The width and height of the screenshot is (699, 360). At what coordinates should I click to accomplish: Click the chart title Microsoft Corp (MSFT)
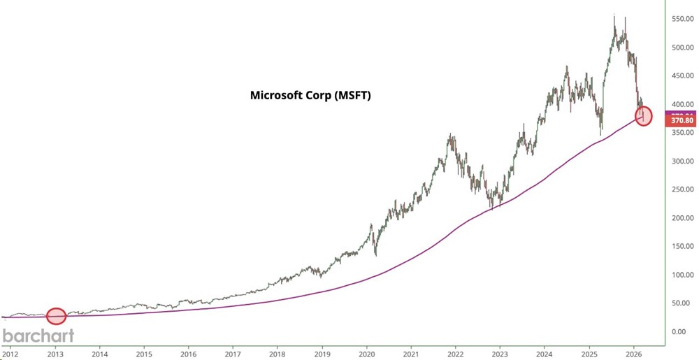click(310, 95)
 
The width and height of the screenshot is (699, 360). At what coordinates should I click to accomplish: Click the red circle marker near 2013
click(56, 316)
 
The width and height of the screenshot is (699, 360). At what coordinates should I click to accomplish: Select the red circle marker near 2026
click(644, 116)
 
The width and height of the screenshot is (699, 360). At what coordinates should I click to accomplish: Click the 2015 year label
click(143, 353)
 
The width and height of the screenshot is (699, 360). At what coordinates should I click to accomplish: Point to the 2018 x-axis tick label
click(278, 353)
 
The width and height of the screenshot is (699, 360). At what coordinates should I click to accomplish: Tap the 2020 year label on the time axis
click(366, 353)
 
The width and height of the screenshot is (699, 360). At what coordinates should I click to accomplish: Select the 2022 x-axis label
click(456, 353)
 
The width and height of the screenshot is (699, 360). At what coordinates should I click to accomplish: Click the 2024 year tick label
click(545, 353)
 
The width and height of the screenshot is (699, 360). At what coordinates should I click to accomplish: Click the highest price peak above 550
click(614, 15)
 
